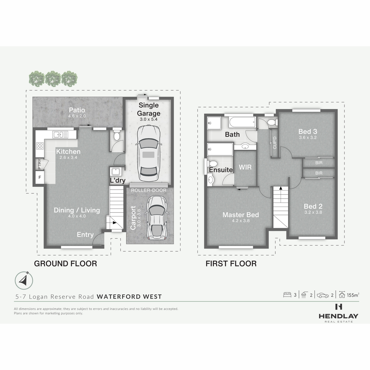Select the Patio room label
click(77, 110)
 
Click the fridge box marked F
click(40, 177)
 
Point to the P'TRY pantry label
click(39, 164)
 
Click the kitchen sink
click(60, 134)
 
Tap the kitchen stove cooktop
click(40, 146)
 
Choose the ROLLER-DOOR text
click(149, 190)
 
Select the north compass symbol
click(24, 281)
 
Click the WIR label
click(245, 167)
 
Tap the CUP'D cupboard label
click(275, 143)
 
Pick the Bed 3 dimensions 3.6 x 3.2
click(308, 138)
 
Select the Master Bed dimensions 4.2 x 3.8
click(241, 221)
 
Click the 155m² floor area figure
click(353, 295)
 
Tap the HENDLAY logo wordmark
click(339, 316)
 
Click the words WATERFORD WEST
click(129, 297)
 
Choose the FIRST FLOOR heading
click(231, 264)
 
